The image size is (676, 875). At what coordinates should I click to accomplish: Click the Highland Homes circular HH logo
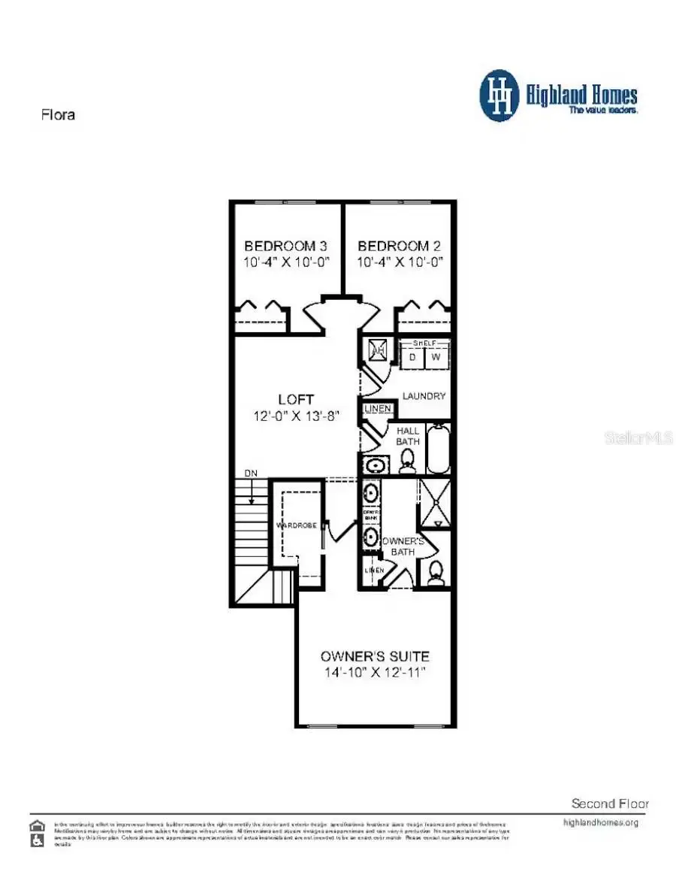[x=499, y=95]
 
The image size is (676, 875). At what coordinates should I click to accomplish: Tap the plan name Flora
[x=57, y=116]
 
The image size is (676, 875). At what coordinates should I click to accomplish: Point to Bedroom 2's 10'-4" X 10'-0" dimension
[x=399, y=262]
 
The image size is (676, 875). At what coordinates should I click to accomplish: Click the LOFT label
[x=294, y=399]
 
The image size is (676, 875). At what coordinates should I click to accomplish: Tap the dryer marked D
[x=412, y=357]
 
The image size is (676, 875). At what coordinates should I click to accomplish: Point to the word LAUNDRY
[x=424, y=396]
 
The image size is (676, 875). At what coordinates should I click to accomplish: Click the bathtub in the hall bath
[x=438, y=448]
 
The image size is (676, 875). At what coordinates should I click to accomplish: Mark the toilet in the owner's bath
[x=435, y=574]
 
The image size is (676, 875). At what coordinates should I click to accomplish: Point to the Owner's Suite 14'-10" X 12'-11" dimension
[x=375, y=673]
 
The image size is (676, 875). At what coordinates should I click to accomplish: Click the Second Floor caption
[x=610, y=804]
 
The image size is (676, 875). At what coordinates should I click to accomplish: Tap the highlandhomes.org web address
[x=600, y=822]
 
